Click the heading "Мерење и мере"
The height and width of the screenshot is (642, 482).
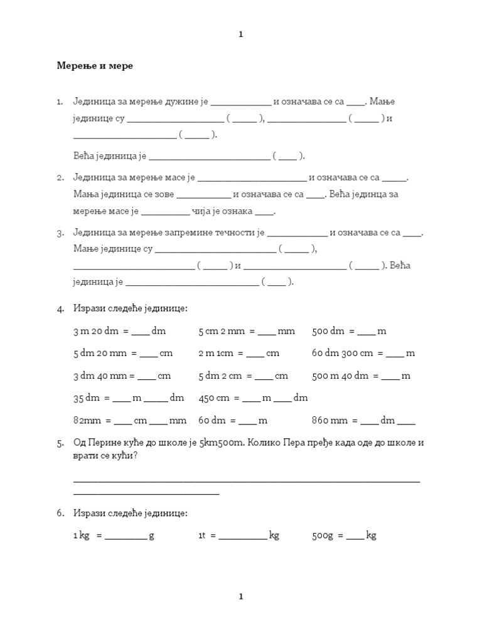pyautogui.click(x=95, y=66)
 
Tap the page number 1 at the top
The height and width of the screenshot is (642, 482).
pyautogui.click(x=240, y=34)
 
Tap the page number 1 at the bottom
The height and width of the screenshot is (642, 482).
pyautogui.click(x=240, y=596)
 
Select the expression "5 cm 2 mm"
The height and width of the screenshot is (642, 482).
pyautogui.click(x=221, y=331)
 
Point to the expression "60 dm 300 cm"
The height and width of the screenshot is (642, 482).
pyautogui.click(x=342, y=354)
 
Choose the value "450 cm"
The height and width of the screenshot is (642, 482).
pyautogui.click(x=214, y=398)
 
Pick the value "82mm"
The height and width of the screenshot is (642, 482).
pyautogui.click(x=86, y=421)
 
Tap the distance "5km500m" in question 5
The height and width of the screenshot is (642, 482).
pyautogui.click(x=220, y=443)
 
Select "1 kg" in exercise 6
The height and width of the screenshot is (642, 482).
pyautogui.click(x=82, y=535)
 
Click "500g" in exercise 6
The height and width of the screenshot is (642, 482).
pyautogui.click(x=323, y=535)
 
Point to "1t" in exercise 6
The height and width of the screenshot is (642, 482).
pyautogui.click(x=202, y=535)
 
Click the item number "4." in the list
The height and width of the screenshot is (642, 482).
pyautogui.click(x=61, y=309)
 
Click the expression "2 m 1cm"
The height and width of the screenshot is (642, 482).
pyautogui.click(x=216, y=354)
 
